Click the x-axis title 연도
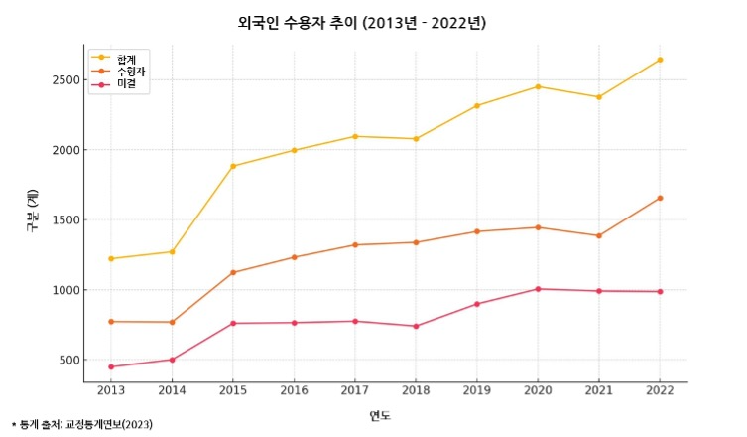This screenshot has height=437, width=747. click(380, 415)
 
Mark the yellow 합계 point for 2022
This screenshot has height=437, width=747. click(660, 60)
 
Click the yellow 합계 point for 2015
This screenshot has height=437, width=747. click(233, 166)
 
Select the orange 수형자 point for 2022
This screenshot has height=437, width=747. click(660, 198)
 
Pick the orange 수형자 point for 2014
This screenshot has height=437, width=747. click(172, 322)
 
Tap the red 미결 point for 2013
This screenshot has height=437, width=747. click(111, 366)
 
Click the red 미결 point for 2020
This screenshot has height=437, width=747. click(538, 289)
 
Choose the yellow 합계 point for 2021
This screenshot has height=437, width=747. click(598, 97)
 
